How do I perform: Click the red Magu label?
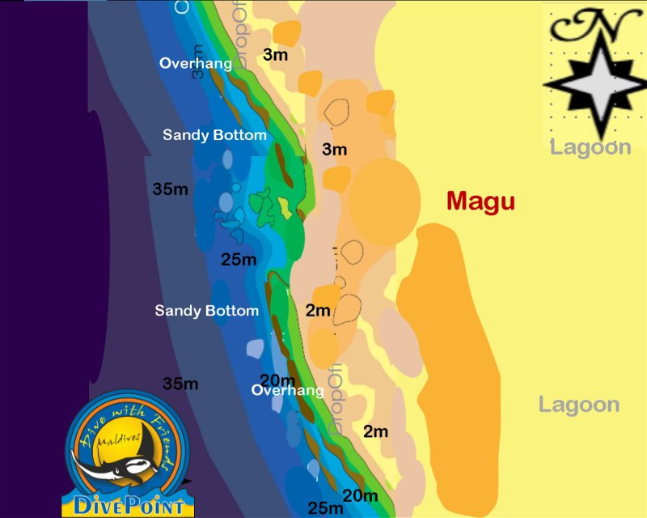click(480, 202)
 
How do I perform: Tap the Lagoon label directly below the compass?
click(590, 147)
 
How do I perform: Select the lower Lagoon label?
click(579, 405)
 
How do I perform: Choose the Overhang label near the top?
click(196, 63)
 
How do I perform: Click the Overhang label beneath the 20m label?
click(287, 390)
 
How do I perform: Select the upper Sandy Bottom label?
click(214, 134)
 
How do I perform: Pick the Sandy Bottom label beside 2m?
click(207, 310)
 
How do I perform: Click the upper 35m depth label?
click(171, 189)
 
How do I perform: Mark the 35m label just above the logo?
click(180, 384)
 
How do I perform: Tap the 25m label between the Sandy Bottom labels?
click(239, 260)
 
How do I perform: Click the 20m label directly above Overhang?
click(277, 380)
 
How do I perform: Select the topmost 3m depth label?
click(276, 54)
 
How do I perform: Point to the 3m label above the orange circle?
click(334, 149)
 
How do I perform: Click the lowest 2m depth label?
click(375, 431)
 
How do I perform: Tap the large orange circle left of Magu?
click(384, 202)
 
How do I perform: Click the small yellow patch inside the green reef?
click(285, 207)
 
